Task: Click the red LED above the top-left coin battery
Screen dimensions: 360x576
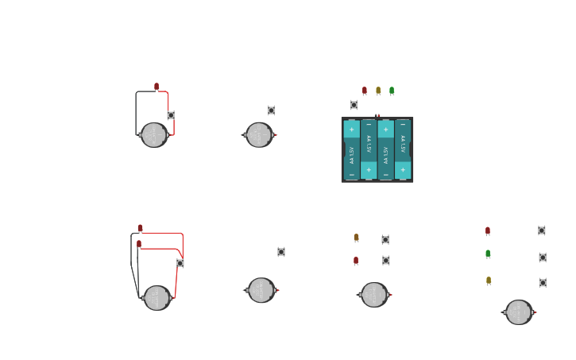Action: click(157, 87)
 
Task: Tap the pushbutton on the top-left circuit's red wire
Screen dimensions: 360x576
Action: click(171, 115)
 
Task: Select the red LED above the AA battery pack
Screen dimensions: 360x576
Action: click(365, 91)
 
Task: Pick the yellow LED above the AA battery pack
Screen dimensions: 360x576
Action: click(378, 91)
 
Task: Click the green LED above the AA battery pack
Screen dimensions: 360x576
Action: click(392, 91)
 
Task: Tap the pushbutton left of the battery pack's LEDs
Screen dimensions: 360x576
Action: click(354, 105)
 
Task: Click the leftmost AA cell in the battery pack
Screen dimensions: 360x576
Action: click(352, 149)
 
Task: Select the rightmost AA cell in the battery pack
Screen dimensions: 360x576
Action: click(403, 149)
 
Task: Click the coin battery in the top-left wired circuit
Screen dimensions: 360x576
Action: click(154, 135)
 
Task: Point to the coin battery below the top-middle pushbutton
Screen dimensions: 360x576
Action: click(259, 135)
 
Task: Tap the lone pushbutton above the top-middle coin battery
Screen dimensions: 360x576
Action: click(271, 110)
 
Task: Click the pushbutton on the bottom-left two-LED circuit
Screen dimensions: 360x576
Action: click(180, 263)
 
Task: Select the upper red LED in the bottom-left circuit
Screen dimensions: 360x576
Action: click(141, 228)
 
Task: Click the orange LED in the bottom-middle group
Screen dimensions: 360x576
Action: click(356, 238)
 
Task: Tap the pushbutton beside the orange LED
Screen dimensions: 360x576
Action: click(385, 239)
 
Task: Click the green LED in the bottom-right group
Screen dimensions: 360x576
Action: click(488, 254)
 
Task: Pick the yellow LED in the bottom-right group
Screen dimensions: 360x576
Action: click(489, 281)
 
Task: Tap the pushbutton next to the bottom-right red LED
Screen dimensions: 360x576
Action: click(542, 230)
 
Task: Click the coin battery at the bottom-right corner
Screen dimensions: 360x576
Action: click(519, 312)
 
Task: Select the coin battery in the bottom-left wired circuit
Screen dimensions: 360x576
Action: click(157, 298)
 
